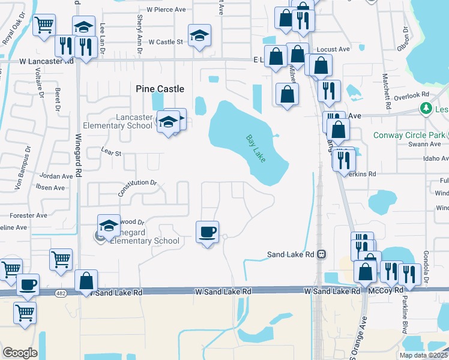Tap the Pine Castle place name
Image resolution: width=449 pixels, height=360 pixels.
tap(160, 89)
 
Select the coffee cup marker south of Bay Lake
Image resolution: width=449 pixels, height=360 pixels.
tap(208, 232)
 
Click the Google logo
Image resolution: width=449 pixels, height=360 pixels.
tap(20, 353)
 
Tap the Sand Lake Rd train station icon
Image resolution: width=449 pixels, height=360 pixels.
tap(322, 254)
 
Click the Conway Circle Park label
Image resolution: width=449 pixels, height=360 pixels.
tap(409, 134)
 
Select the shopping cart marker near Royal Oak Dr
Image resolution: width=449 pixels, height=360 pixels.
tap(44, 26)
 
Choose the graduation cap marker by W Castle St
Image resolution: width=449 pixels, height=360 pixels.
tap(199, 35)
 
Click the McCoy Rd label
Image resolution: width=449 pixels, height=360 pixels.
tap(380, 291)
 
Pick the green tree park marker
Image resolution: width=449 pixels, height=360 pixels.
tap(426, 109)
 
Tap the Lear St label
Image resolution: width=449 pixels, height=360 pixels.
tap(112, 152)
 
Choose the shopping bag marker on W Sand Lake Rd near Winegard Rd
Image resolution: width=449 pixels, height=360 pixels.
tap(86, 281)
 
